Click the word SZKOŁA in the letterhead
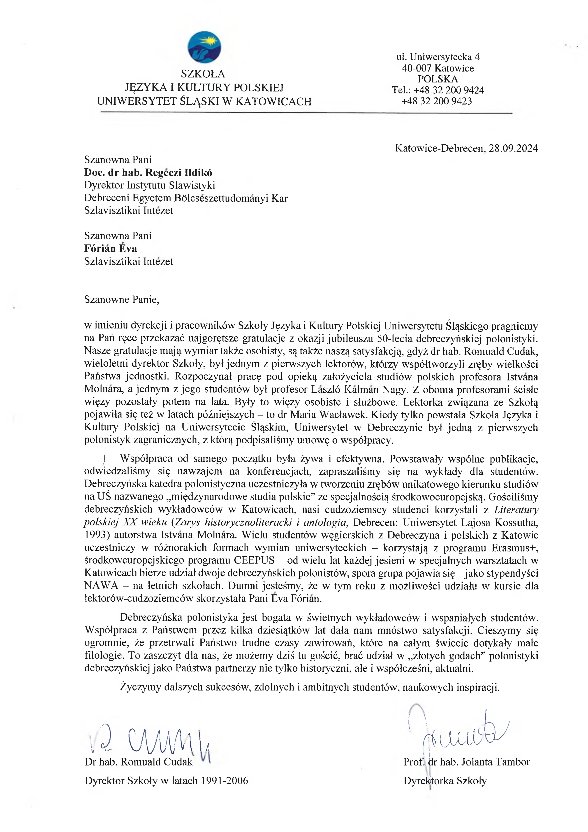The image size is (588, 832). pos(203,74)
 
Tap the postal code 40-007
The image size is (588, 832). pos(417,68)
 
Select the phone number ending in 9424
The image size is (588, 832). pos(449,90)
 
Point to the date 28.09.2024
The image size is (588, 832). pos(513,148)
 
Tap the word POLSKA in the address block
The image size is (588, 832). pos(438,79)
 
